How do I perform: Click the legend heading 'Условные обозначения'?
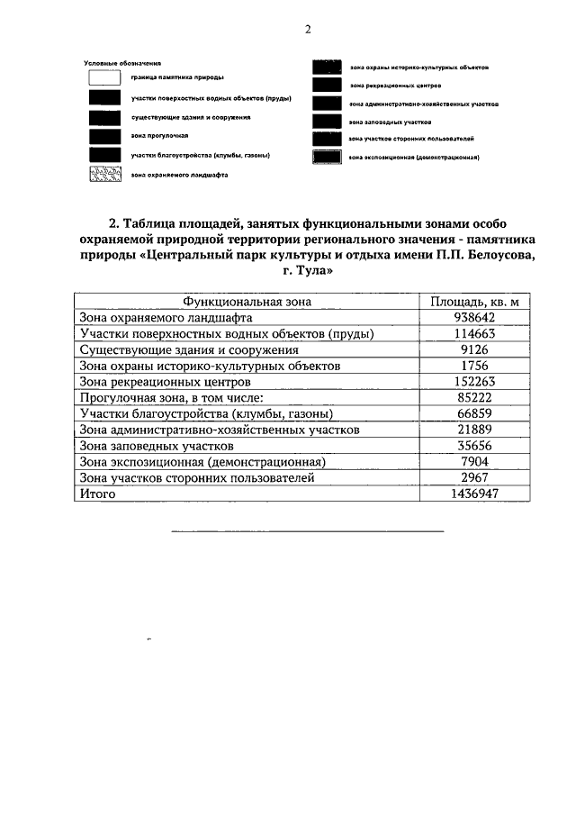(x=121, y=63)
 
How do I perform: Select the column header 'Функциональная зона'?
(x=247, y=302)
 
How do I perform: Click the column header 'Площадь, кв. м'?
(x=474, y=302)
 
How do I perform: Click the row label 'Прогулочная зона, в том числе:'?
(x=170, y=398)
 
